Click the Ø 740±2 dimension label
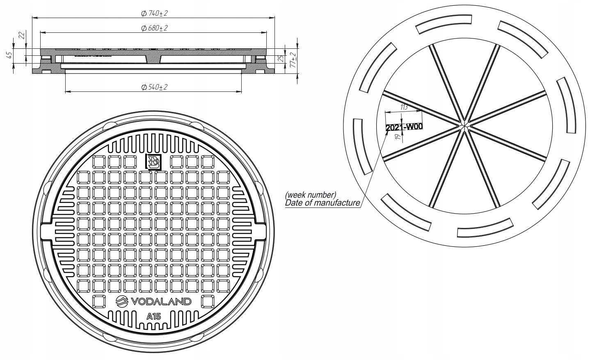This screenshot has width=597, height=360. pyautogui.click(x=154, y=14)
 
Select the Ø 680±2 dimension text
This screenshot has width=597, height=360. pyautogui.click(x=154, y=28)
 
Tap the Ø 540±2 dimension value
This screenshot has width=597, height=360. pyautogui.click(x=154, y=87)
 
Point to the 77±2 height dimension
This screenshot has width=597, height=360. pyautogui.click(x=293, y=60)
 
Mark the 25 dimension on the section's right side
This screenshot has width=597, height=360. pyautogui.click(x=281, y=59)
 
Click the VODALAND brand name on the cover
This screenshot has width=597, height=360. pyautogui.click(x=161, y=301)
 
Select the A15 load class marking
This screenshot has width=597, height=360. pyautogui.click(x=153, y=316)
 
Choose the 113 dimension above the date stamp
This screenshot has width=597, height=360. pyautogui.click(x=403, y=107)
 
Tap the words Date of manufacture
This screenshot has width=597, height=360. pyautogui.click(x=323, y=203)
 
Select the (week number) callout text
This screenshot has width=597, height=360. pyautogui.click(x=311, y=194)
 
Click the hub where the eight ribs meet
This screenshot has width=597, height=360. pyautogui.click(x=464, y=123)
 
